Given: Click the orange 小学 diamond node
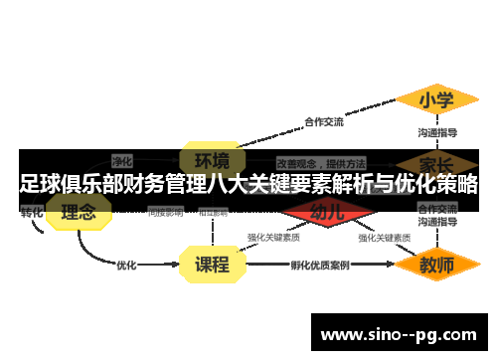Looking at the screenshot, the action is tap(435, 100).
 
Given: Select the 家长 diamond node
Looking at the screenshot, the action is tap(435, 163).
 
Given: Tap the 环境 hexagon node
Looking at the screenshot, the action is tap(211, 161).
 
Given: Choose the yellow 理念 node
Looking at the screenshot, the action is tap(79, 212).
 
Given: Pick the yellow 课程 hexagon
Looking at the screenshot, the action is tap(211, 265).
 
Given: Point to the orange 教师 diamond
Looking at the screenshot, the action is tap(435, 266).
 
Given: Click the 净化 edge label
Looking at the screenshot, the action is tap(122, 159).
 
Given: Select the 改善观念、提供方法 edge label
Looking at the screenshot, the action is tap(321, 162).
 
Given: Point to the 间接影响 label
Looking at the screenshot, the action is tap(165, 212).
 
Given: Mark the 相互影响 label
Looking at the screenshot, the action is tap(213, 212).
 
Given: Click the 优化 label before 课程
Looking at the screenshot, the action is tap(126, 266).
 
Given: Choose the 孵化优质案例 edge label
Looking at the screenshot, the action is tap(319, 266).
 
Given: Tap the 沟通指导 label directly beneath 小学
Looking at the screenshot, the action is tap(436, 131).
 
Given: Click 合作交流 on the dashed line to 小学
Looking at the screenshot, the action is tap(323, 122).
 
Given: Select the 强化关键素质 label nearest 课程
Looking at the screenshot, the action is tap(273, 238).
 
